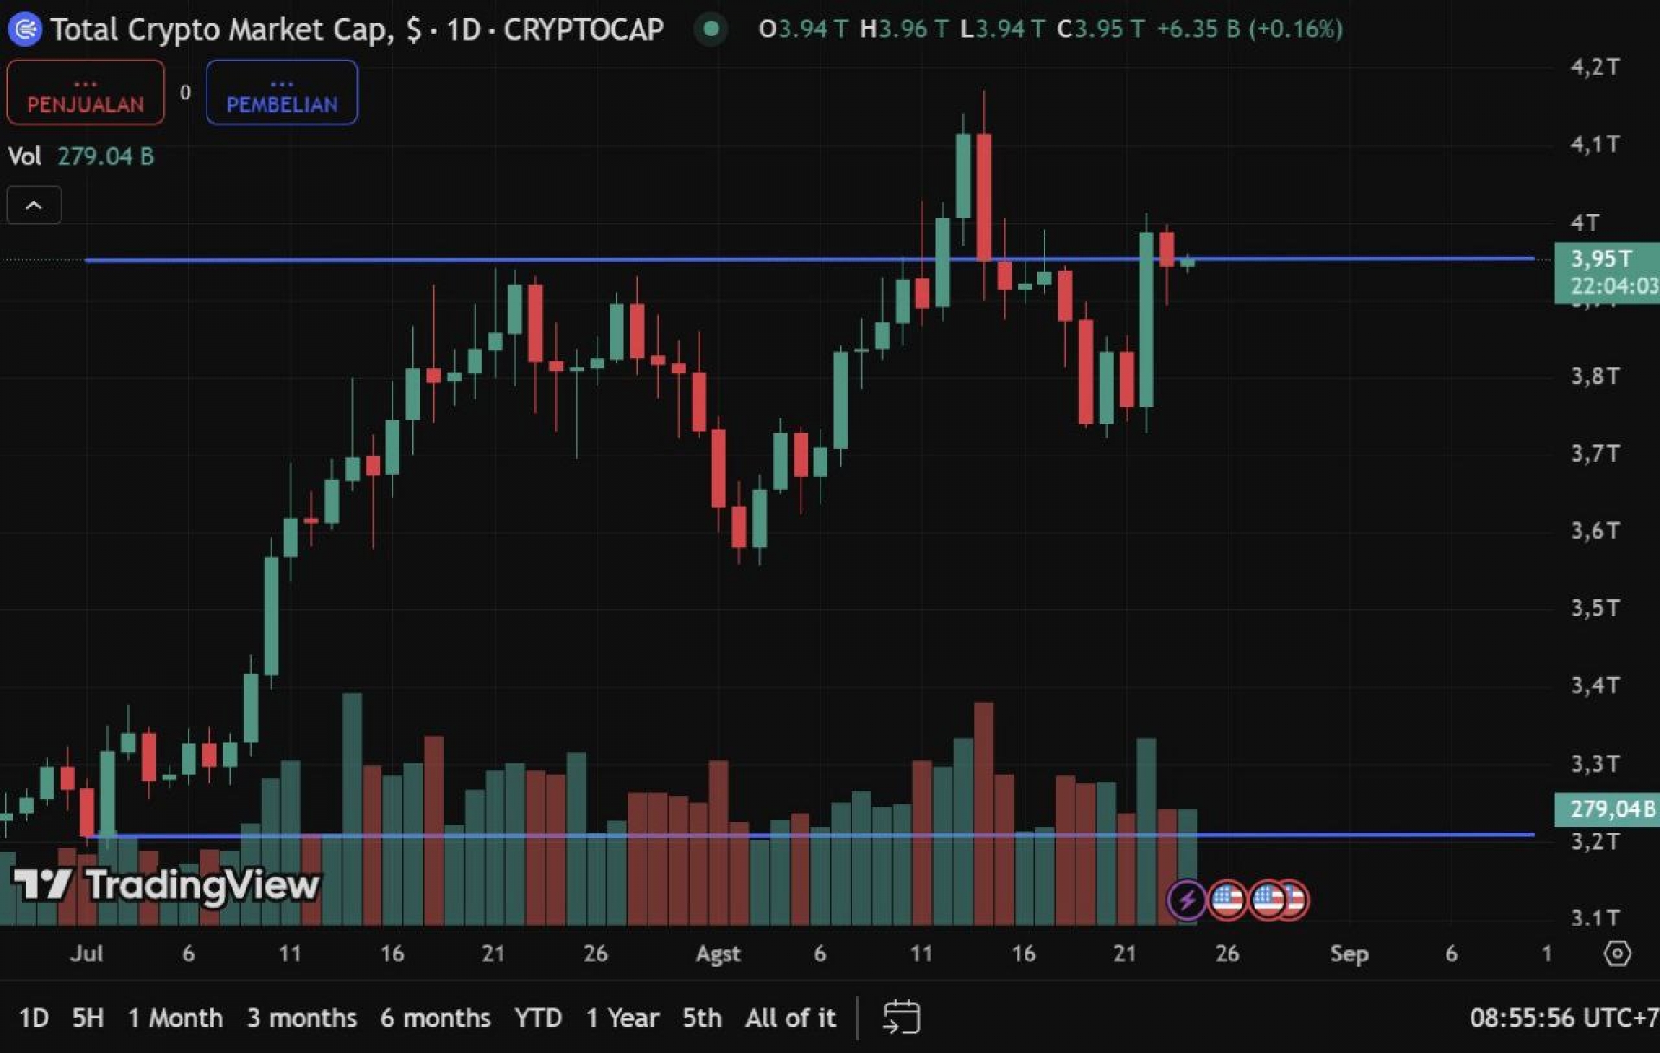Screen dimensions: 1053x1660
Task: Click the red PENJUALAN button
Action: click(x=86, y=93)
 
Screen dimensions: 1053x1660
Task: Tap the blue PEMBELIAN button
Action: click(x=282, y=93)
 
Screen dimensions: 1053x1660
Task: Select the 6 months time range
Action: click(x=435, y=1018)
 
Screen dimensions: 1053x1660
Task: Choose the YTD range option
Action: click(x=538, y=1018)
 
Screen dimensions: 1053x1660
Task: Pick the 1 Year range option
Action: click(x=622, y=1018)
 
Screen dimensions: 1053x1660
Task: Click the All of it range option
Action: click(x=790, y=1018)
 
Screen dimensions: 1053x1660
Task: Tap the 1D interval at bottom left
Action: click(x=34, y=1018)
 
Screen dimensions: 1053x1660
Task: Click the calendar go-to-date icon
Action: click(x=901, y=1017)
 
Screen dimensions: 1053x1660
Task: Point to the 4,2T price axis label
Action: click(x=1594, y=67)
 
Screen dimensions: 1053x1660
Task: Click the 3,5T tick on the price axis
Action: click(x=1594, y=608)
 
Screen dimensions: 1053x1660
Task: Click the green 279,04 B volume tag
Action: click(x=1606, y=809)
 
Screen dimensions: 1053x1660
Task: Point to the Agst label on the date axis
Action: click(x=718, y=954)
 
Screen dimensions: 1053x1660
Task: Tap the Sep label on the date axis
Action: click(x=1349, y=954)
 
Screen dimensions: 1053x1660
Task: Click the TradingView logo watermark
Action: click(x=166, y=885)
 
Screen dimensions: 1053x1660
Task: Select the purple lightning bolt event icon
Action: click(x=1186, y=900)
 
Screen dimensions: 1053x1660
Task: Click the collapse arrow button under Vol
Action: click(x=34, y=206)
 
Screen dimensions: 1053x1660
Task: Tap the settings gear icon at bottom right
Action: click(x=1617, y=954)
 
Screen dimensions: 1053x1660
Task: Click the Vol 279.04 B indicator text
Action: click(x=80, y=156)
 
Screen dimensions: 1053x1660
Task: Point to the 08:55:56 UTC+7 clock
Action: click(x=1563, y=1018)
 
